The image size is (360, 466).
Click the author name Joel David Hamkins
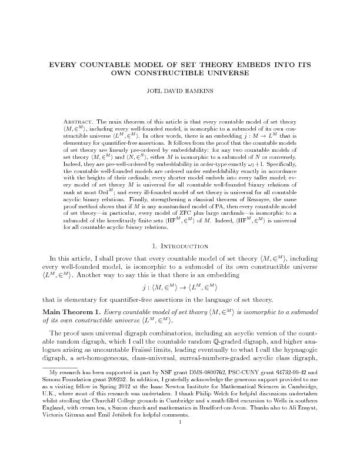click(x=179, y=92)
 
